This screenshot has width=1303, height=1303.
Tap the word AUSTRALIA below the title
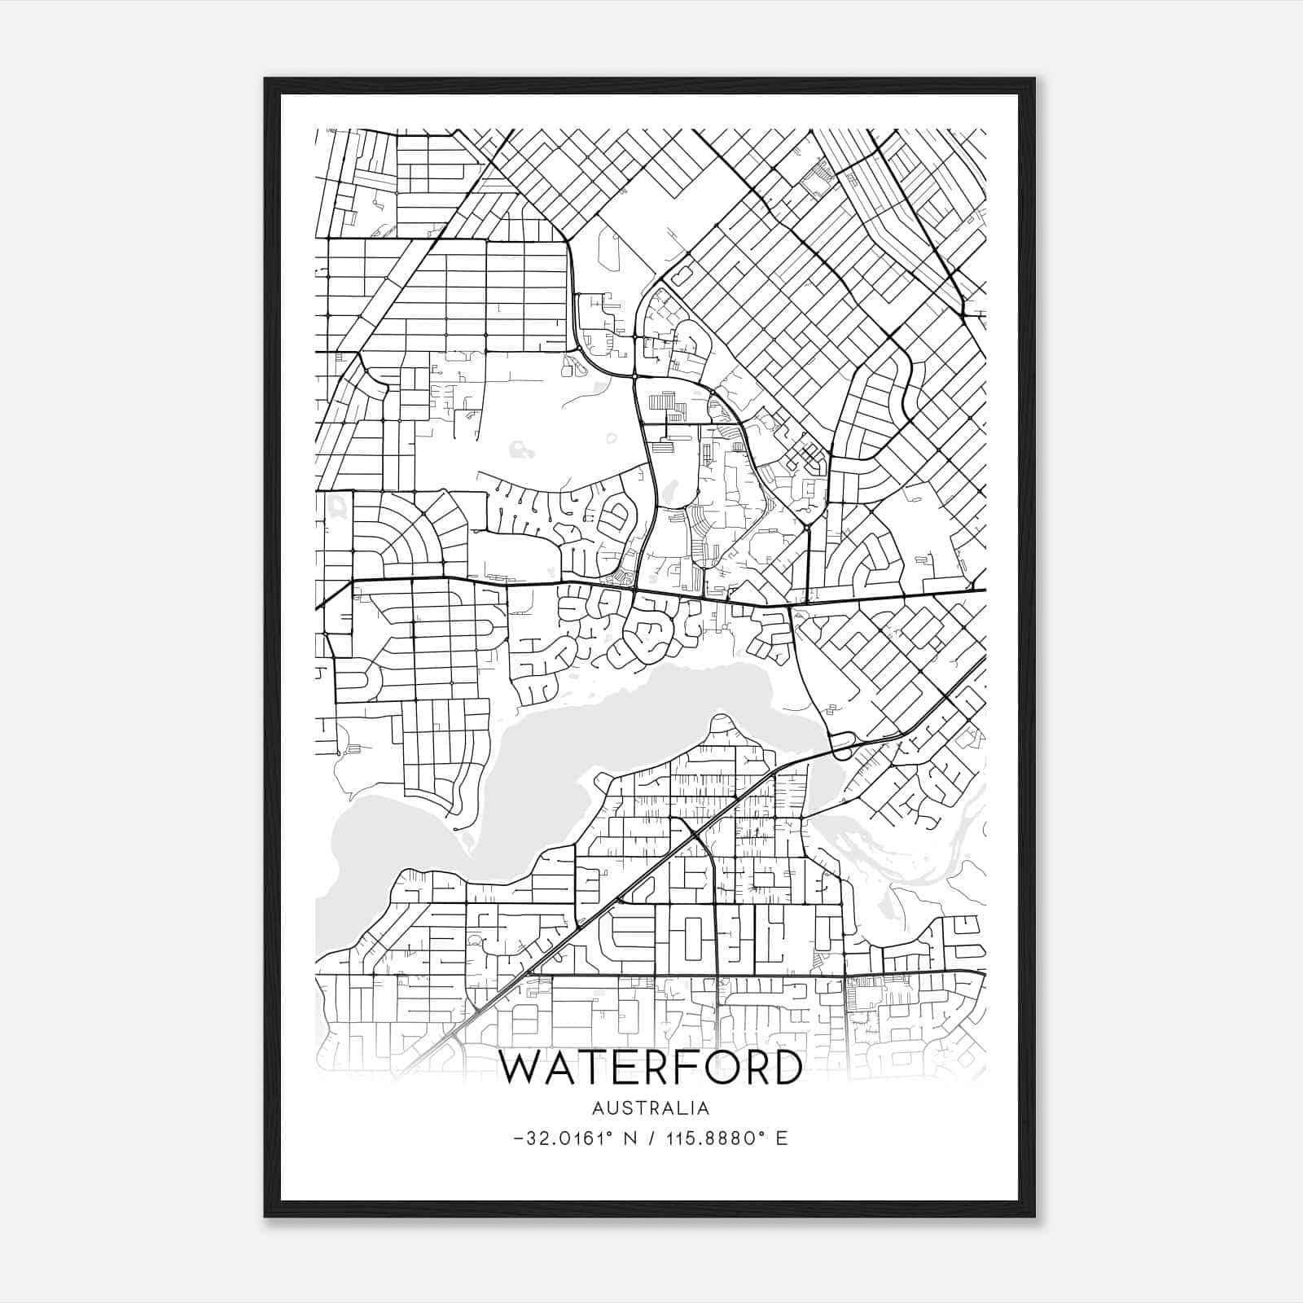651,1108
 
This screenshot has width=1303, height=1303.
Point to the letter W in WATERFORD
521,1068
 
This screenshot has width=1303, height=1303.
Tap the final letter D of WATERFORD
783,1068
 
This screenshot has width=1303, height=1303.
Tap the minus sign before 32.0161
520,1138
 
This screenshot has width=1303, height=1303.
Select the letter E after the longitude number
782,1138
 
